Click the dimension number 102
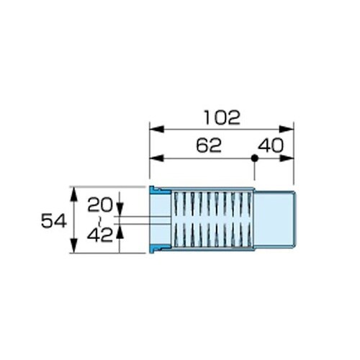222,117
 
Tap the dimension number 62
209,145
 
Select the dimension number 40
271,145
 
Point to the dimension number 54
53,221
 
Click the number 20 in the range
100,204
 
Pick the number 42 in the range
100,235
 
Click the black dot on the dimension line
254,158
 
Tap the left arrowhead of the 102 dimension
156,129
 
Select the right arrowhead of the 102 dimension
287,129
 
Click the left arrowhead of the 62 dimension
156,158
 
